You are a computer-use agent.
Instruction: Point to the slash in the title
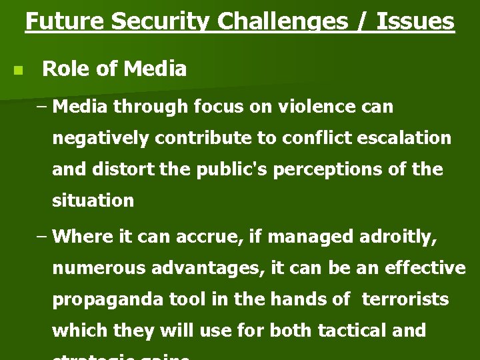pos(364,21)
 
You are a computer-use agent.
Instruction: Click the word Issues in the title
pos(415,21)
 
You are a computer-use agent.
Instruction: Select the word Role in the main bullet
pos(65,69)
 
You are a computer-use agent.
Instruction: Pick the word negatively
pos(100,139)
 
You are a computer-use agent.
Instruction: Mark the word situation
pos(93,200)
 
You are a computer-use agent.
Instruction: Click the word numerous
pos(99,268)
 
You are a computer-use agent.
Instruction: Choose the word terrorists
pos(405,299)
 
